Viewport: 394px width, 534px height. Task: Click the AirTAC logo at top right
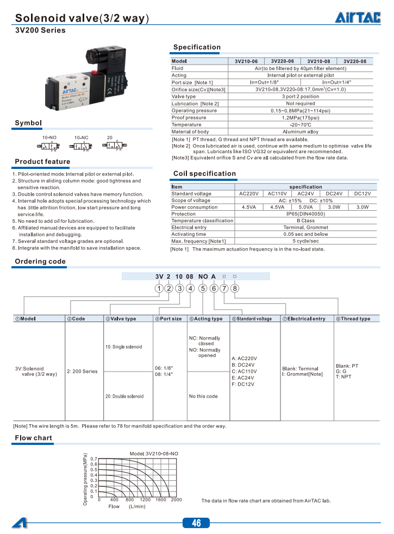[357, 18]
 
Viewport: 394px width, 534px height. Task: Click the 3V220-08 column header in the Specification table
[355, 61]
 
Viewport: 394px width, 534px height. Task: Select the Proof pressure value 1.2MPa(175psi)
[301, 118]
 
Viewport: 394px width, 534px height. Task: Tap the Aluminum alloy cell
[301, 132]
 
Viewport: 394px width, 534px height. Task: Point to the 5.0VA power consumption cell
[305, 208]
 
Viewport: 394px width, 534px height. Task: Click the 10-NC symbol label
[81, 138]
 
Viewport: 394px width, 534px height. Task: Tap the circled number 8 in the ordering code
[235, 288]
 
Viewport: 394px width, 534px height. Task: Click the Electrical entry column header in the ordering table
[304, 319]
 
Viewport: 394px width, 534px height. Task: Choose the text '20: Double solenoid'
[124, 397]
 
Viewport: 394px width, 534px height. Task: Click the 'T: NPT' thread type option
[343, 377]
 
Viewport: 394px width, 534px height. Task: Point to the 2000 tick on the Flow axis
[176, 500]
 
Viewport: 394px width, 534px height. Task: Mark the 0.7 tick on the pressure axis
[93, 459]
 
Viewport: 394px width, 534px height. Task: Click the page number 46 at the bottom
[196, 523]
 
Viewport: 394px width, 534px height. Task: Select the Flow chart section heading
[34, 438]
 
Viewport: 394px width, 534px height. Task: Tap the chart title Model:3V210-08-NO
[154, 453]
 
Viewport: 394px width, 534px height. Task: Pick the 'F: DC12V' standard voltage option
[243, 385]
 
